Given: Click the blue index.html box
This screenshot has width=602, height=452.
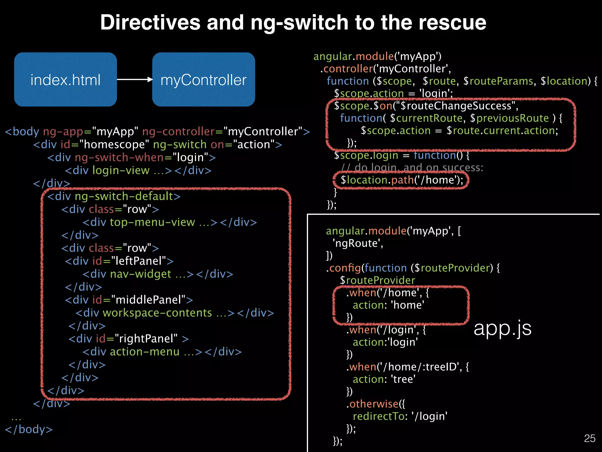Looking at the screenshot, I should (65, 79).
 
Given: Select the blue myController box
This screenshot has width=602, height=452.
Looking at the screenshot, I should (203, 79).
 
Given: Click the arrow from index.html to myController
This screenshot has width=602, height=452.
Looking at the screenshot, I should (135, 79).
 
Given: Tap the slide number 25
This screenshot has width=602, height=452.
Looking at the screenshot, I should (589, 438).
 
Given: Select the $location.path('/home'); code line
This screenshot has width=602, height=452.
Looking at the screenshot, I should (402, 180).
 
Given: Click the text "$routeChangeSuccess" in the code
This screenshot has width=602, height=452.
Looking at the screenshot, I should (455, 106).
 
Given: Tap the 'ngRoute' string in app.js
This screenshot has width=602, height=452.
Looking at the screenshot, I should (358, 243).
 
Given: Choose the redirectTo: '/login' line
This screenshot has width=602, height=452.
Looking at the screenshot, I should (400, 416).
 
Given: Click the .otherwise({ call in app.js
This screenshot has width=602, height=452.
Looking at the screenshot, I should (376, 404).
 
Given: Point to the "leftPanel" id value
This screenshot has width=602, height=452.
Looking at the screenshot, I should (138, 261).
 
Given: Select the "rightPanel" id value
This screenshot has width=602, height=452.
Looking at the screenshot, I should (146, 339).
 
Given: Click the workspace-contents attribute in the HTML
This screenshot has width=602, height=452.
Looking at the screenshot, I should (157, 313).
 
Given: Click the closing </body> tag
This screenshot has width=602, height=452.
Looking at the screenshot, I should (29, 429).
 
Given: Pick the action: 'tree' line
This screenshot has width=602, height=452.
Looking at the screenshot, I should (384, 379).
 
